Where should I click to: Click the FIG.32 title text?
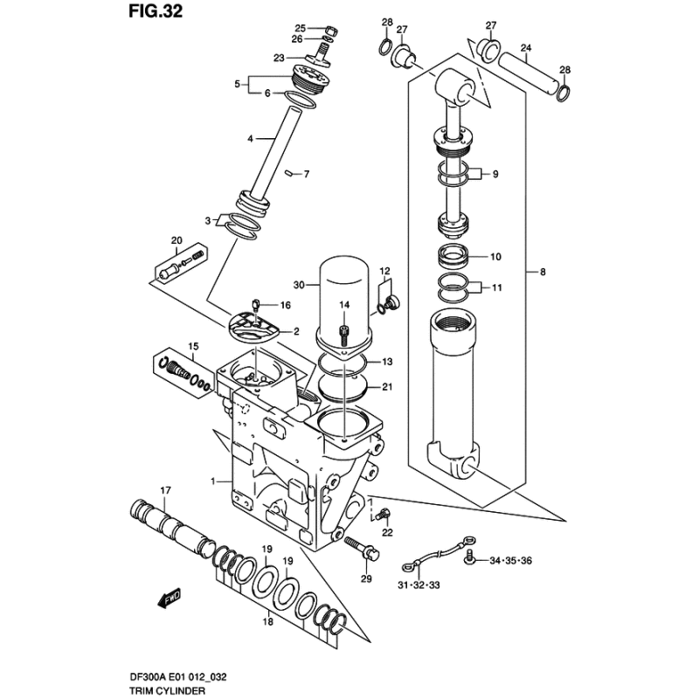[x=156, y=11]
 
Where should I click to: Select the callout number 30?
[x=299, y=285]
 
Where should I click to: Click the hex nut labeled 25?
[x=330, y=31]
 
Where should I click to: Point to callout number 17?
[x=165, y=491]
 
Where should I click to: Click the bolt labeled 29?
[x=363, y=548]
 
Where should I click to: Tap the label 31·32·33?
[x=419, y=585]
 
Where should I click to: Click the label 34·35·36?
[x=511, y=560]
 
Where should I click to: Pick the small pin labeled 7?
[x=289, y=173]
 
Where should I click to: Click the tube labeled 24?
[x=528, y=73]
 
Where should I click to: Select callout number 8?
[x=543, y=272]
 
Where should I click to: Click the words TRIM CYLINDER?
[x=167, y=691]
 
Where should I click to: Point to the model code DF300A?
[x=146, y=677]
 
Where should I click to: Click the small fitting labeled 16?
[x=256, y=305]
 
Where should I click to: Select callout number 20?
[x=176, y=240]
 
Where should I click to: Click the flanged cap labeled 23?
[x=318, y=59]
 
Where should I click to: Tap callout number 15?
[x=193, y=346]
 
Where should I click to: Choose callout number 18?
[x=267, y=621]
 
